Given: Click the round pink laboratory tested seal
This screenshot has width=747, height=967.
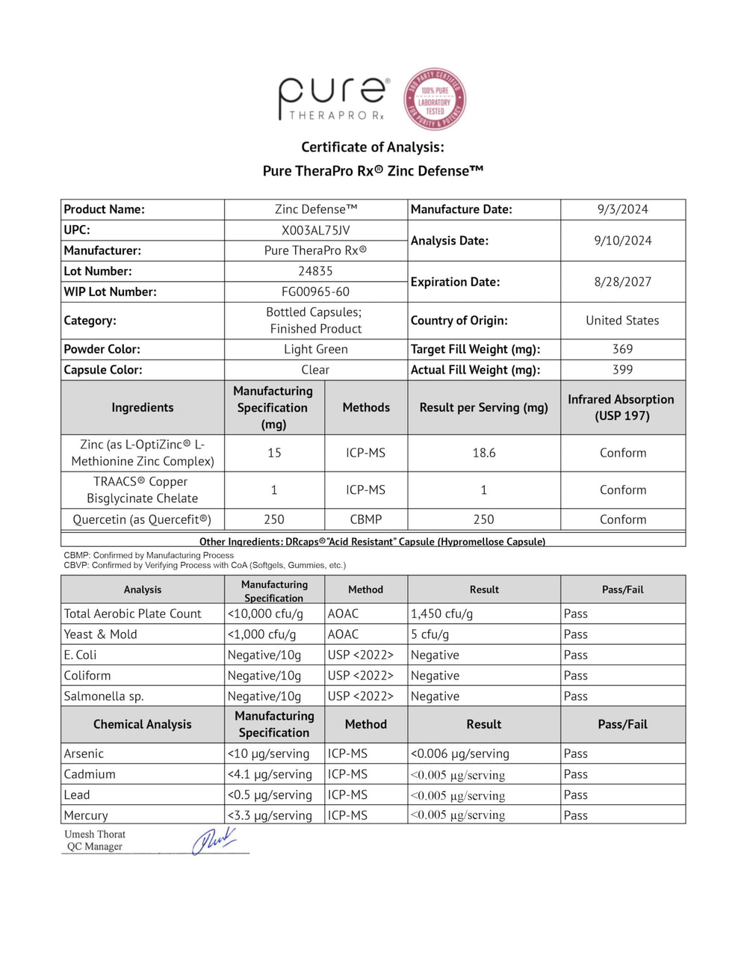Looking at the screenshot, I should tap(436, 99).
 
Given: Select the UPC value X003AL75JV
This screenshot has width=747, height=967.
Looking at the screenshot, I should tap(315, 230).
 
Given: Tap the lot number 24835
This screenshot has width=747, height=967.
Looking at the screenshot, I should tap(315, 271).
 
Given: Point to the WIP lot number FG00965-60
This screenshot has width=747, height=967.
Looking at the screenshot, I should tap(315, 291).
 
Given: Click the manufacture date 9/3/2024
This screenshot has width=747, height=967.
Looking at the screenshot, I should tap(622, 209).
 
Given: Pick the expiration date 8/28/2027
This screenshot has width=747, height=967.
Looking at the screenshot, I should tap(622, 282).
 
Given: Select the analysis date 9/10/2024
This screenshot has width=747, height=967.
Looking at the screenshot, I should tap(622, 241).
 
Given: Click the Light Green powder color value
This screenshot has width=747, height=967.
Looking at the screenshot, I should tap(315, 349).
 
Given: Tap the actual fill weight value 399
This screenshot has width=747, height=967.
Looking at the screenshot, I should tap(622, 370).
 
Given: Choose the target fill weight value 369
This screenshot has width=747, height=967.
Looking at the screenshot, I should tap(622, 349).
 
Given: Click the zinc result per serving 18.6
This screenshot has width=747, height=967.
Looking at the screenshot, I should tap(483, 453).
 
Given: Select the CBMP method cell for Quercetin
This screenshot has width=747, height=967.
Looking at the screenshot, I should tap(365, 519).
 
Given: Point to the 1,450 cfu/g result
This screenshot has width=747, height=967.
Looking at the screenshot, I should tap(441, 614).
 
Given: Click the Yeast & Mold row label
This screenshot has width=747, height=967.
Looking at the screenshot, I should tap(100, 634).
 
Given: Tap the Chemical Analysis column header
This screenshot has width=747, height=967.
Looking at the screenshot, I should tap(142, 724).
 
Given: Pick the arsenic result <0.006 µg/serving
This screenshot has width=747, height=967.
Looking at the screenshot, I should tap(459, 753).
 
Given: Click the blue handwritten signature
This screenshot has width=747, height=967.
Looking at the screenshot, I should tap(214, 841).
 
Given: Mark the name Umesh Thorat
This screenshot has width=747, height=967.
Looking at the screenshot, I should tap(95, 834).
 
